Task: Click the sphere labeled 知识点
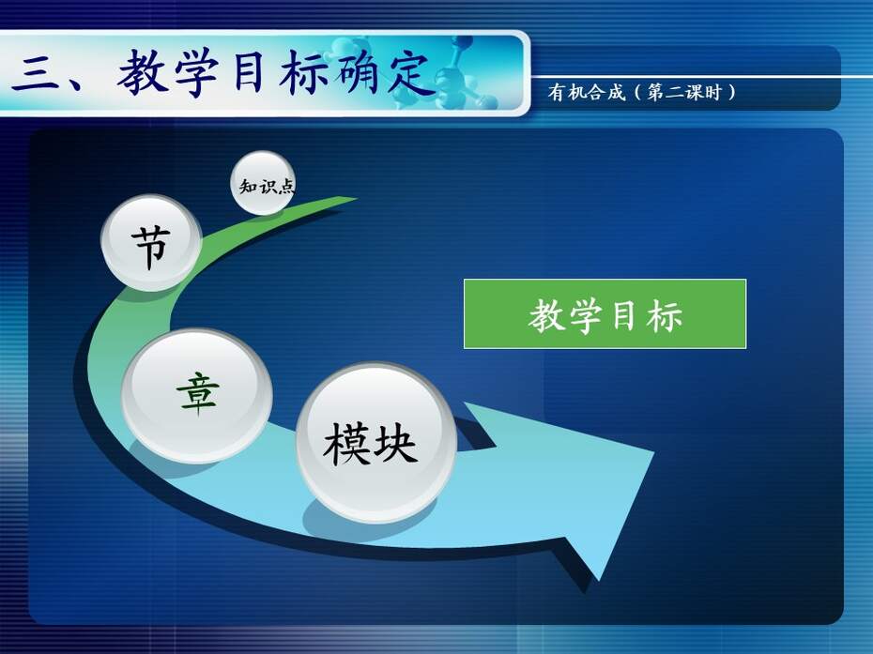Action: pyautogui.click(x=263, y=183)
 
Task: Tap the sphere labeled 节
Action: pyautogui.click(x=151, y=242)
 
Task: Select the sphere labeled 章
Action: pyautogui.click(x=197, y=396)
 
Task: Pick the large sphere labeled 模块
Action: pyautogui.click(x=376, y=443)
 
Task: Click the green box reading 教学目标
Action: pyautogui.click(x=605, y=314)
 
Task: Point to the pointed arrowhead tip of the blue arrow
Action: pyautogui.click(x=653, y=453)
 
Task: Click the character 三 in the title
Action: pyautogui.click(x=36, y=74)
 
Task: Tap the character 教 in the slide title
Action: pyautogui.click(x=143, y=72)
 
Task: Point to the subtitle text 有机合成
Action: pyautogui.click(x=587, y=92)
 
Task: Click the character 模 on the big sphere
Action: pyautogui.click(x=347, y=444)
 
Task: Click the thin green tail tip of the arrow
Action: pyautogui.click(x=355, y=198)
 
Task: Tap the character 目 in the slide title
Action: pyautogui.click(x=249, y=72)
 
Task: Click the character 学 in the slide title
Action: pyautogui.click(x=196, y=72)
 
